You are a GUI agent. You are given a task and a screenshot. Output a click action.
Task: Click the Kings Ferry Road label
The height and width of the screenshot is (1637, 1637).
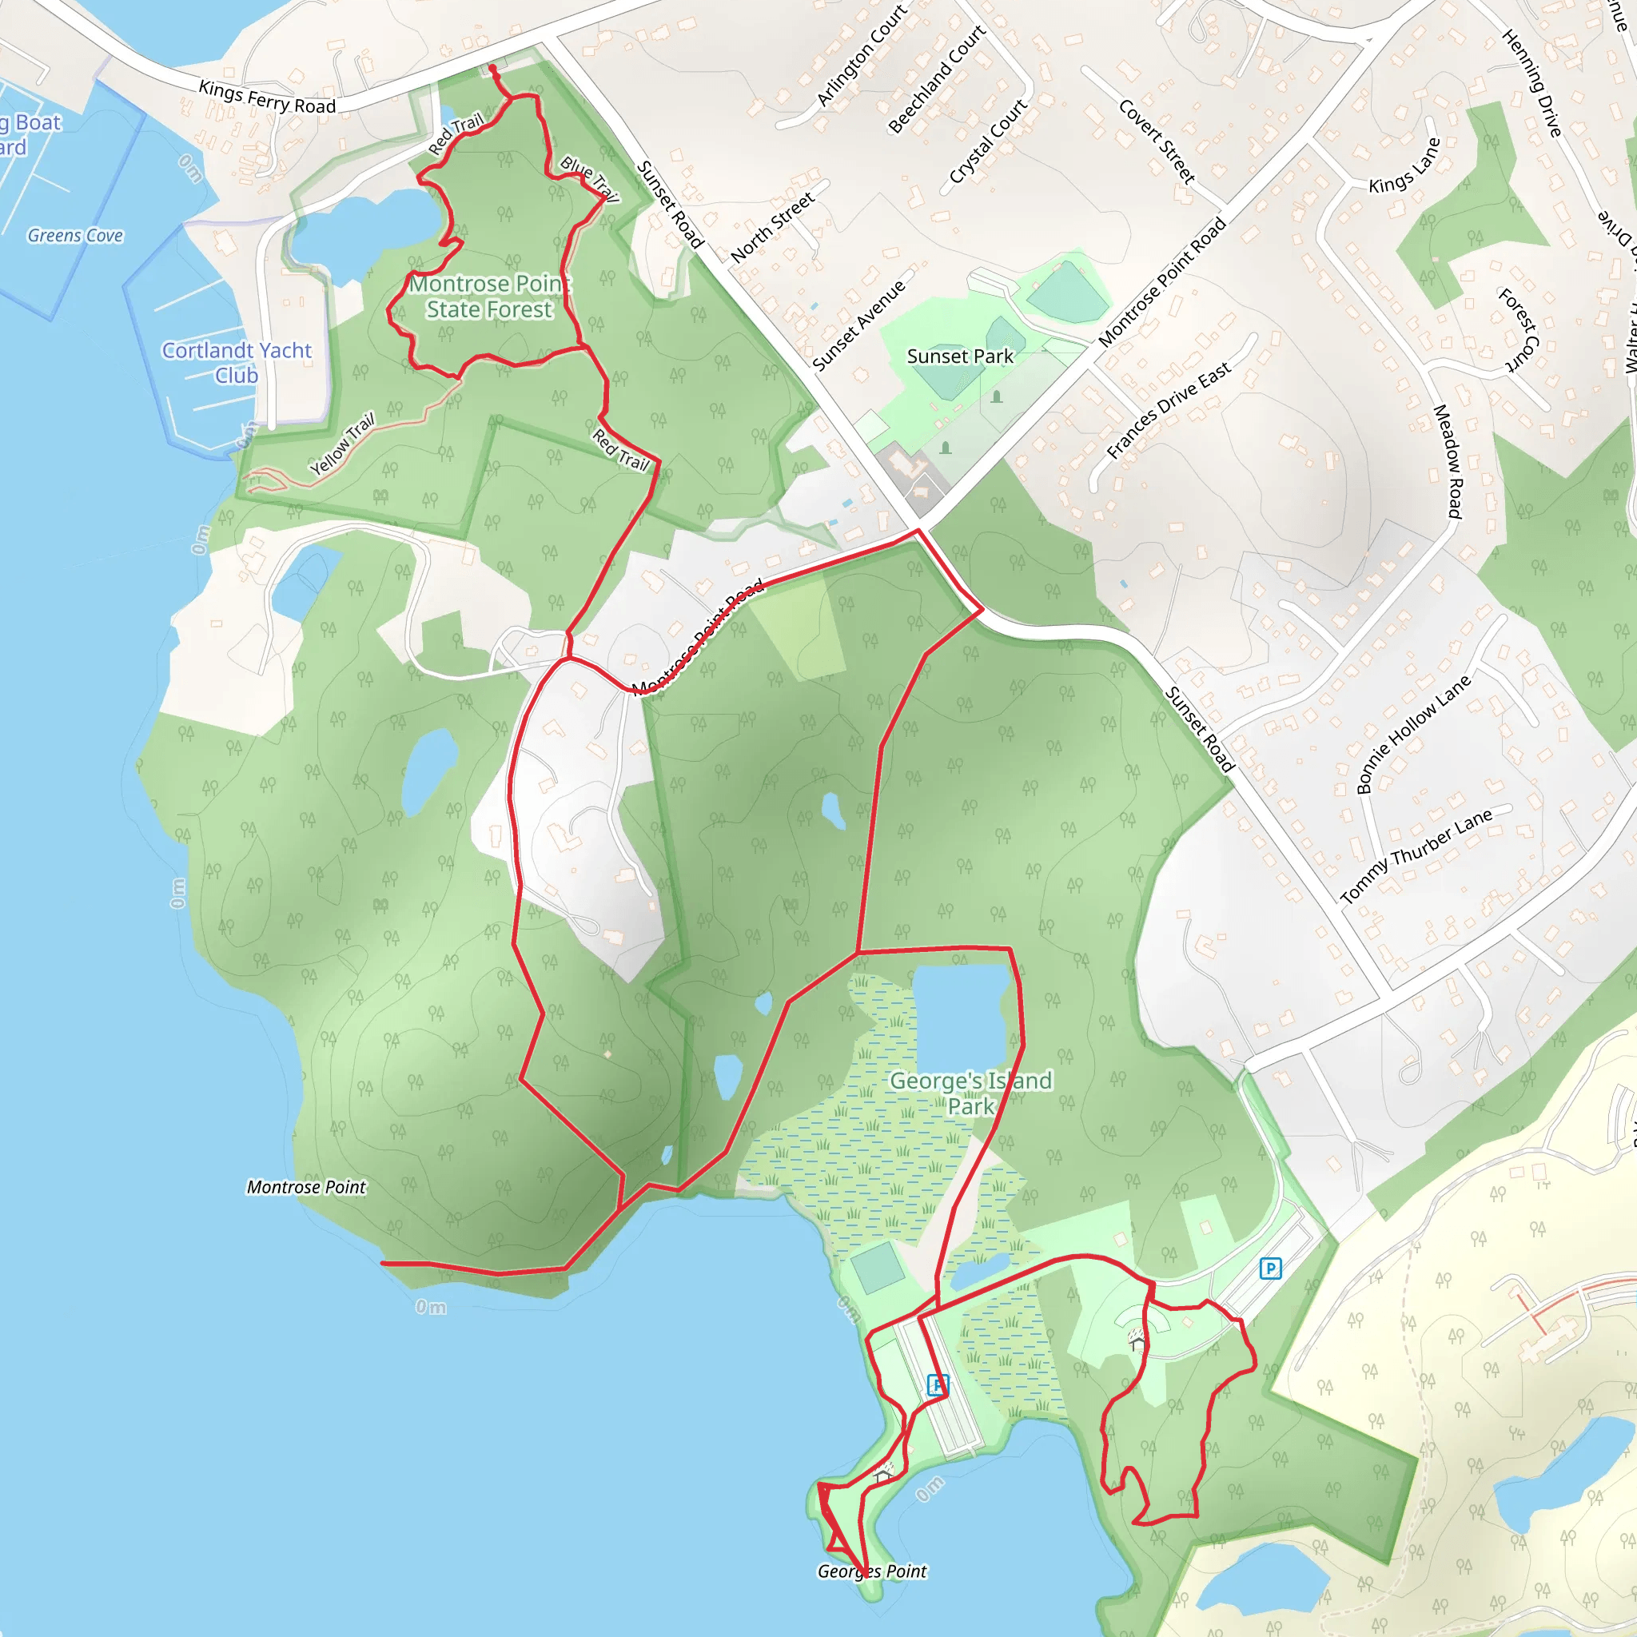267,98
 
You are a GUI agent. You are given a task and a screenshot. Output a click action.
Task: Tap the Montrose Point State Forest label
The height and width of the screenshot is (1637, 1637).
490,297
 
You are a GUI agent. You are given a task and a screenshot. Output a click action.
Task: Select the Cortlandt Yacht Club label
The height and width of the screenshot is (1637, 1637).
237,363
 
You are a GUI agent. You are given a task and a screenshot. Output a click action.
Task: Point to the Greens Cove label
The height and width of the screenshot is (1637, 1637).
75,236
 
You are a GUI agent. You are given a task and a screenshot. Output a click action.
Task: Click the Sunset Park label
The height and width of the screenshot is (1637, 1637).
960,356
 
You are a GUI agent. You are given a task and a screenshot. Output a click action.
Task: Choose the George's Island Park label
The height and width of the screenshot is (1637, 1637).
970,1093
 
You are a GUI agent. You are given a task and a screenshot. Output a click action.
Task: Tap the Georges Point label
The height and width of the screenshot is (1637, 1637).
872,1571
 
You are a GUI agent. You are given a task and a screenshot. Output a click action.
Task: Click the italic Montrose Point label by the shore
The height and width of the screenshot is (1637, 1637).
306,1187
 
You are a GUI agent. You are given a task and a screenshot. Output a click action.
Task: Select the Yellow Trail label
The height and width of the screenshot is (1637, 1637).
342,444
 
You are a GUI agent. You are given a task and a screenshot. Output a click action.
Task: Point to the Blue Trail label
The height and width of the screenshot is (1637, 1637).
590,179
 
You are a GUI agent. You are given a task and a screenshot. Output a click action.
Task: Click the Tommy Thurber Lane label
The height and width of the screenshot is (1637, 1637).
1416,857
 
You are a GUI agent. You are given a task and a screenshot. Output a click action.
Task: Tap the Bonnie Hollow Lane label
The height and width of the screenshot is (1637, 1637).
1413,734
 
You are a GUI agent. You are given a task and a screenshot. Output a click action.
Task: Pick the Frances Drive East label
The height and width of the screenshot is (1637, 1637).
1169,411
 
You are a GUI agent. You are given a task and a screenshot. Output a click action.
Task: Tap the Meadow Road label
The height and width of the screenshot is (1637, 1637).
1448,461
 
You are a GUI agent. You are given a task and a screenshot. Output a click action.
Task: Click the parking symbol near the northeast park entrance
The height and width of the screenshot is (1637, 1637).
1270,1269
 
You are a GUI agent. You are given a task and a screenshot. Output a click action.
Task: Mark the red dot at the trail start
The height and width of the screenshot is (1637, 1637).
492,69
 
